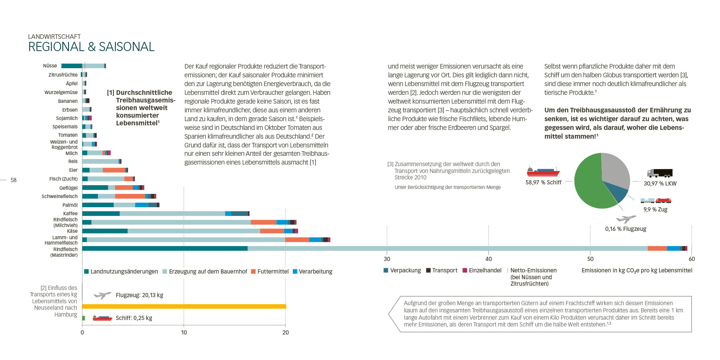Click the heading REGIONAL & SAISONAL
[91, 47]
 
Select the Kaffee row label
[70, 213]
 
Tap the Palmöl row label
[70, 205]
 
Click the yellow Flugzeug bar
[184, 306]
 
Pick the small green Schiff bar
[83, 318]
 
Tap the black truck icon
[660, 173]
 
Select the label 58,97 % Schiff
[543, 182]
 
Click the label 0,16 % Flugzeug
[626, 229]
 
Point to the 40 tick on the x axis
[488, 259]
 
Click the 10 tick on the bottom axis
[184, 333]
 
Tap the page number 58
[13, 180]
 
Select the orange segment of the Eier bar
[114, 170]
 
